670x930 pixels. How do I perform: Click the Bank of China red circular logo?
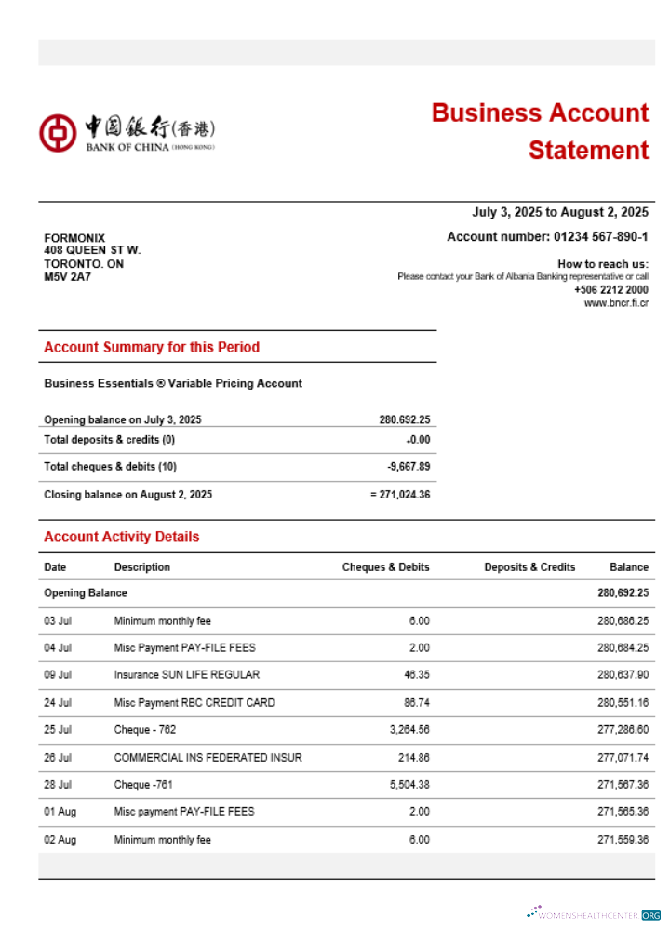coord(57,133)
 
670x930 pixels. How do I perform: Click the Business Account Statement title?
coord(541,131)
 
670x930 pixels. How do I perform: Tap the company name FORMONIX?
coord(74,238)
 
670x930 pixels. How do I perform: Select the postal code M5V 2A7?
coord(68,277)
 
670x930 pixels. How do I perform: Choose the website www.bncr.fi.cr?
coord(616,303)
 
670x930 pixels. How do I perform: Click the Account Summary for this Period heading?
coord(152,347)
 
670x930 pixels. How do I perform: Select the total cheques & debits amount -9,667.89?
coord(409,467)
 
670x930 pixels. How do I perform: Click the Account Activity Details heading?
coord(121,537)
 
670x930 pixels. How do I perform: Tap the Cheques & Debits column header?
coord(385,567)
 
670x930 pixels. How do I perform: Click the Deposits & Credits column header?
coord(529,567)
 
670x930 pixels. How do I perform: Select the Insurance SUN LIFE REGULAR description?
coord(186,675)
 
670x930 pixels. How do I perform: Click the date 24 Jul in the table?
coord(58,703)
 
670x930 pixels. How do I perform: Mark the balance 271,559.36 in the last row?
coord(623,840)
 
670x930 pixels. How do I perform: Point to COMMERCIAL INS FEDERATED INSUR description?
coord(208,758)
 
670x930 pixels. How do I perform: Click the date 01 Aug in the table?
coord(60,812)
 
